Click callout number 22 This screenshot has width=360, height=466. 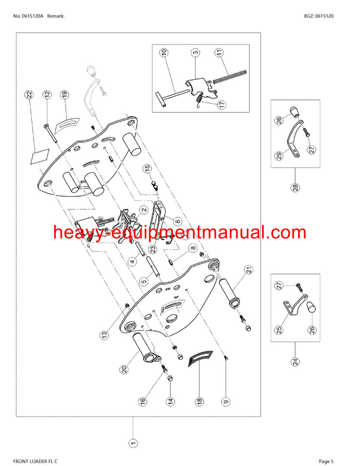click(28, 94)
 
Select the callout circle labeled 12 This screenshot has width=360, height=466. click(47, 94)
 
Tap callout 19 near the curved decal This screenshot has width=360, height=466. click(64, 94)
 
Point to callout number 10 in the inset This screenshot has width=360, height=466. click(163, 53)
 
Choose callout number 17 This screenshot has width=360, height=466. click(221, 104)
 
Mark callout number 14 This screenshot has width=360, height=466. click(170, 401)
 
